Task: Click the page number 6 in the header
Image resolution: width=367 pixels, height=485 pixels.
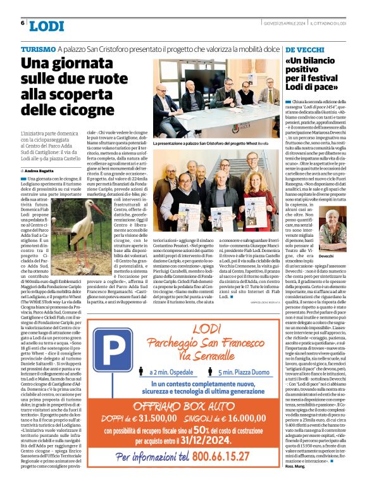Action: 23,23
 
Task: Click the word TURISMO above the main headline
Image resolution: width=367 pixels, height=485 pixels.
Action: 37,49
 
